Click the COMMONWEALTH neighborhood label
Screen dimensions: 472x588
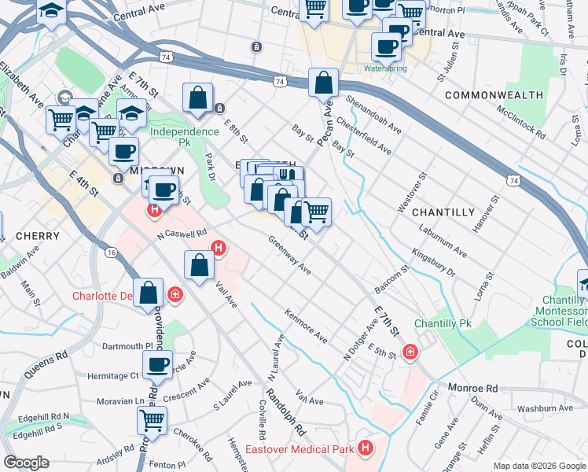point(494,94)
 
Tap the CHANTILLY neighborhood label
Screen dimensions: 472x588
point(443,212)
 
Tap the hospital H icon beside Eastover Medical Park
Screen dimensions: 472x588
point(365,448)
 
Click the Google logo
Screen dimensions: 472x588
point(27,463)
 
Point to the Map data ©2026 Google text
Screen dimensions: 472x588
point(539,466)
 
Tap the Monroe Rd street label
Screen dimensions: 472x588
point(473,389)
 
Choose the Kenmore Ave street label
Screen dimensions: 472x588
point(307,326)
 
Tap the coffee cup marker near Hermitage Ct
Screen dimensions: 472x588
point(157,364)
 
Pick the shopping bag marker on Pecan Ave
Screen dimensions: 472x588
point(323,81)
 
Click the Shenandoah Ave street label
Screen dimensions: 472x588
point(369,115)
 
